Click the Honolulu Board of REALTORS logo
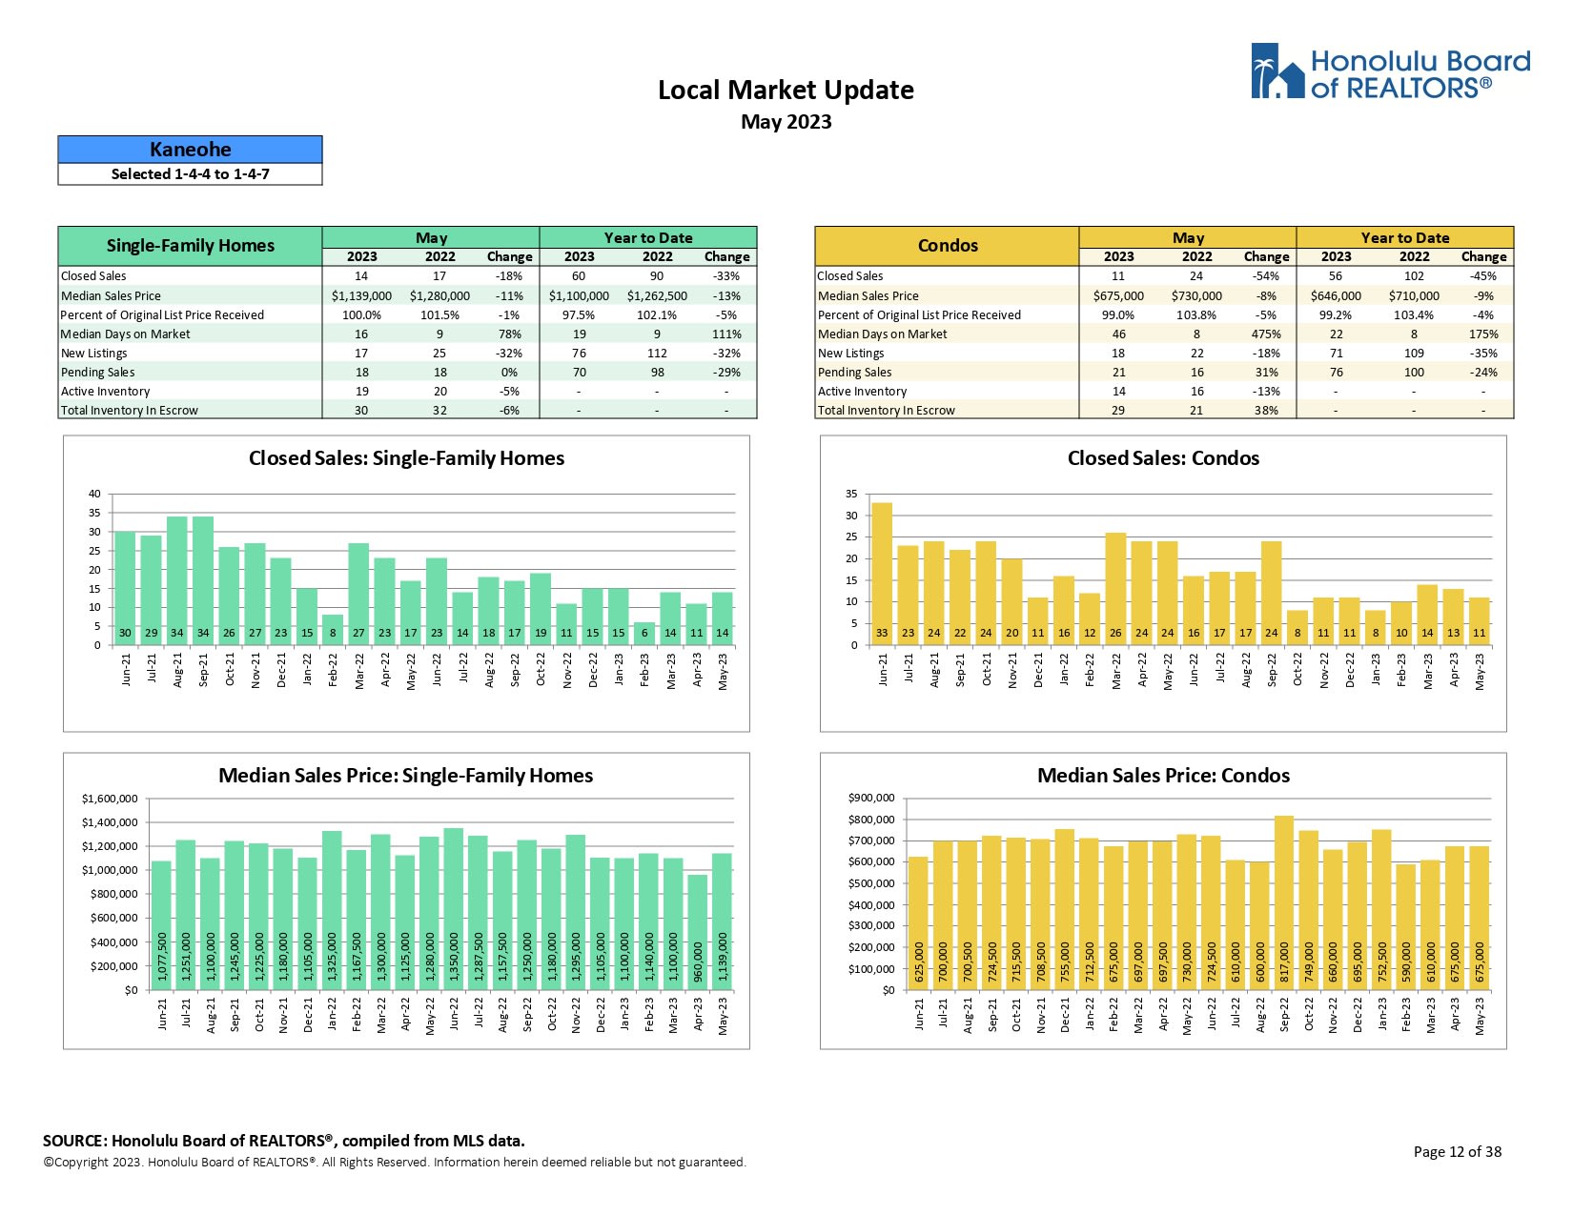pyautogui.click(x=1390, y=72)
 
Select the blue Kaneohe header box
pyautogui.click(x=190, y=150)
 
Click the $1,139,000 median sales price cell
pyautogui.click(x=361, y=296)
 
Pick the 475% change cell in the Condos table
pyautogui.click(x=1266, y=334)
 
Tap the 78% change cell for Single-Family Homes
pyautogui.click(x=509, y=334)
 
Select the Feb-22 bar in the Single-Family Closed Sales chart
pyautogui.click(x=333, y=629)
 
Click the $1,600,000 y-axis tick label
pyautogui.click(x=110, y=799)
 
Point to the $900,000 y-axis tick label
pyautogui.click(x=871, y=798)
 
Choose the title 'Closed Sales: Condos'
pyautogui.click(x=1163, y=458)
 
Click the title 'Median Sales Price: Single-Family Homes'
pyautogui.click(x=405, y=776)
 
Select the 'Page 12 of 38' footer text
pyautogui.click(x=1457, y=1152)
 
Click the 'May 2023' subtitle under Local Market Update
pyautogui.click(x=786, y=122)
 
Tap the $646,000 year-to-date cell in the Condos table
pyautogui.click(x=1336, y=296)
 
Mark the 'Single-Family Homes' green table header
pyautogui.click(x=190, y=246)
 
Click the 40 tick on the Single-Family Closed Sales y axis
pyautogui.click(x=94, y=494)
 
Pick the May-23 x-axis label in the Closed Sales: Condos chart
pyautogui.click(x=1480, y=671)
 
